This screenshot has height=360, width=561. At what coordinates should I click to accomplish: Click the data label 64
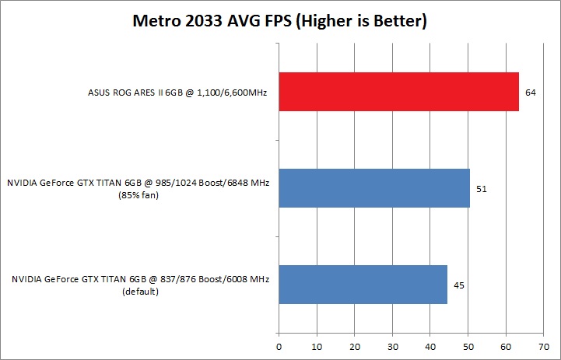(x=531, y=93)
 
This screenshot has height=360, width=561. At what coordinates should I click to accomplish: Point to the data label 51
(x=482, y=189)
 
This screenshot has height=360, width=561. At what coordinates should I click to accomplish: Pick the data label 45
(x=459, y=285)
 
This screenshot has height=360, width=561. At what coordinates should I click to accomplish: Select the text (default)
(x=140, y=293)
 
